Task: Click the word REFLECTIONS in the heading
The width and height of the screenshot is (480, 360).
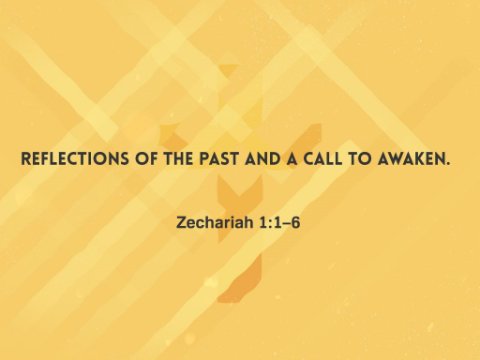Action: point(75,159)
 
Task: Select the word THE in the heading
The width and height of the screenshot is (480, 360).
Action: point(178,159)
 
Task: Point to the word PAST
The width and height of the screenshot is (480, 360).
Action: point(219,159)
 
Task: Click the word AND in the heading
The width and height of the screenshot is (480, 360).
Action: point(262,159)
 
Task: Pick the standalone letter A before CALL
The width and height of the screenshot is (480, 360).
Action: point(292,159)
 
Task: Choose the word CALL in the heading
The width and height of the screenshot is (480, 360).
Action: point(323,159)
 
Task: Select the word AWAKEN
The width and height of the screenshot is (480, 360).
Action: point(410,159)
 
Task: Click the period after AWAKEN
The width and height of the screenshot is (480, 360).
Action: point(447,163)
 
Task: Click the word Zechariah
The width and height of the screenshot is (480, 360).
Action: point(215,222)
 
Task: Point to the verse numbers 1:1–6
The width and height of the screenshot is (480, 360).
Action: point(279,223)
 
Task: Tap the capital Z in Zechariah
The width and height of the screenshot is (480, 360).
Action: point(181,223)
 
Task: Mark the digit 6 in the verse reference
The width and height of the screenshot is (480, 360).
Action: point(295,223)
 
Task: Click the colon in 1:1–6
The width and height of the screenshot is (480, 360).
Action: point(270,224)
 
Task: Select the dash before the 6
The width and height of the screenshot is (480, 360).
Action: point(286,224)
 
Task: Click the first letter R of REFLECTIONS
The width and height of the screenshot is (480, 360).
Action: point(26,159)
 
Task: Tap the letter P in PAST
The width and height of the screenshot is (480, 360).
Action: point(205,159)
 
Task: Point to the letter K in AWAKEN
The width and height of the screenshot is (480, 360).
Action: point(419,159)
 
